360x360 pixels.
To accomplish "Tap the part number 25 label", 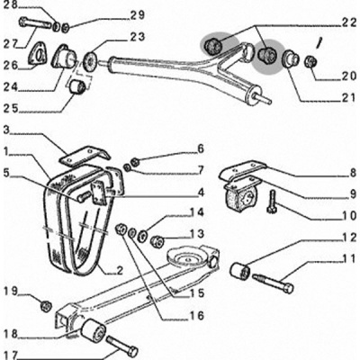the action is tap(11, 109).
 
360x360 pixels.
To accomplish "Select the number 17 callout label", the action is tap(11, 355).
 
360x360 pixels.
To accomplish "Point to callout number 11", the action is tap(348, 258).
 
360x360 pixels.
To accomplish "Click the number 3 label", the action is tap(6, 130).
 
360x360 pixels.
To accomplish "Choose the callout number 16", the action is tap(196, 316).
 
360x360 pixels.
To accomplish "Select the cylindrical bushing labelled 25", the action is tap(77, 86).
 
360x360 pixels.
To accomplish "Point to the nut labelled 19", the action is tap(46, 306).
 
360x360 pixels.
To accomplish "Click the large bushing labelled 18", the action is tap(93, 332).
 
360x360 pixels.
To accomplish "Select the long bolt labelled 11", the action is tap(273, 283).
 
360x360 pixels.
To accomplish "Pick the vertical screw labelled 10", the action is tap(272, 202).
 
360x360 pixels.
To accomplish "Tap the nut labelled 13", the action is tap(157, 240).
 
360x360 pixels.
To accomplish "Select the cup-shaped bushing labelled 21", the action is tap(291, 58).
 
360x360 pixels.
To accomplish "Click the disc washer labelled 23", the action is tap(91, 61).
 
